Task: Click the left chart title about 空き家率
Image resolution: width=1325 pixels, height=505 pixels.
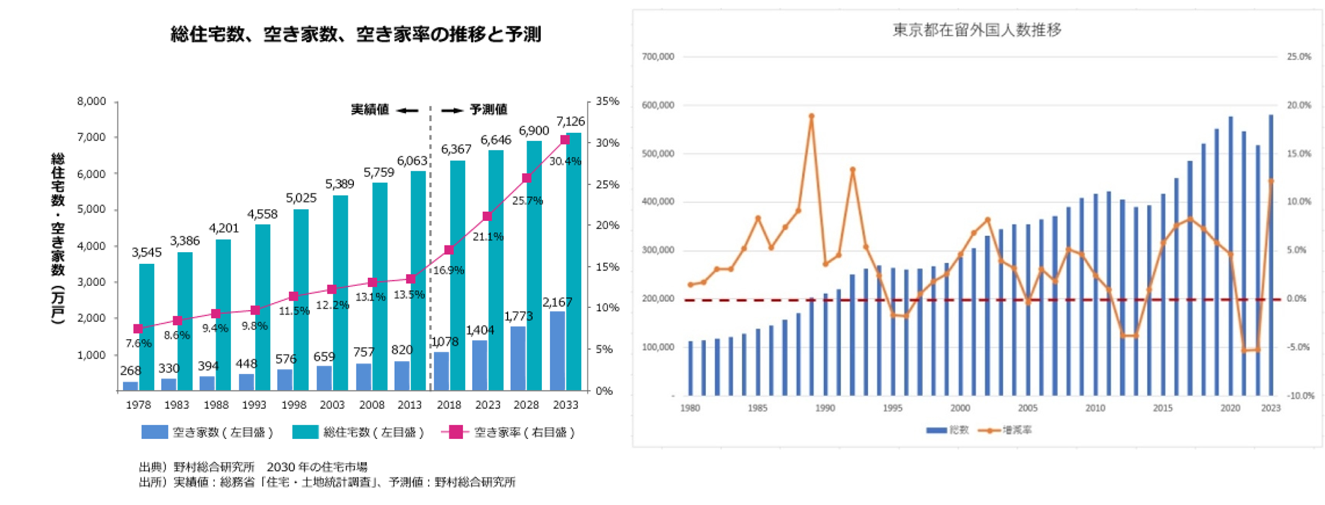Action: pos(355,34)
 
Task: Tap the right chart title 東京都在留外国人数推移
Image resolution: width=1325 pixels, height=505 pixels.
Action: pos(977,30)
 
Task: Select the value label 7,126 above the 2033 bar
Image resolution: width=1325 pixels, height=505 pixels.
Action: pos(570,121)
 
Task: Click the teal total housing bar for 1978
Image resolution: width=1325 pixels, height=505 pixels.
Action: pos(147,327)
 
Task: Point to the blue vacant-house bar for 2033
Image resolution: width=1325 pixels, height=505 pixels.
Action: pos(557,351)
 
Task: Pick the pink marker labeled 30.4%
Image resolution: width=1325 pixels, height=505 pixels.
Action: pos(565,140)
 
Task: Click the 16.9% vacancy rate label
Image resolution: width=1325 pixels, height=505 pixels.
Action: pos(449,270)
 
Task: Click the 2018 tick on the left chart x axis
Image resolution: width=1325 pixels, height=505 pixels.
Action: pos(449,405)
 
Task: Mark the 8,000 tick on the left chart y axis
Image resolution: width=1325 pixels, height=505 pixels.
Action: pos(91,101)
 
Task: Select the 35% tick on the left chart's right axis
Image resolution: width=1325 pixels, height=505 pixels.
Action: pos(607,101)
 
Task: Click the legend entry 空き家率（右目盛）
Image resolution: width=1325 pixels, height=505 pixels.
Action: pos(509,432)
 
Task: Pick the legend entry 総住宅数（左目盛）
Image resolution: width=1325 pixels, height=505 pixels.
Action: pos(359,432)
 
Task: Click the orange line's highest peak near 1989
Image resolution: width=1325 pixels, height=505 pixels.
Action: pos(811,116)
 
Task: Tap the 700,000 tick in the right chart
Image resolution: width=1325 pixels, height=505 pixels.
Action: pos(658,57)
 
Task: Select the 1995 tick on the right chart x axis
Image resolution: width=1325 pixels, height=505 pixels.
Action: pos(892,408)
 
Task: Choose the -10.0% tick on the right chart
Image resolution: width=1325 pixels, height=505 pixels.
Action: pos(1299,396)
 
